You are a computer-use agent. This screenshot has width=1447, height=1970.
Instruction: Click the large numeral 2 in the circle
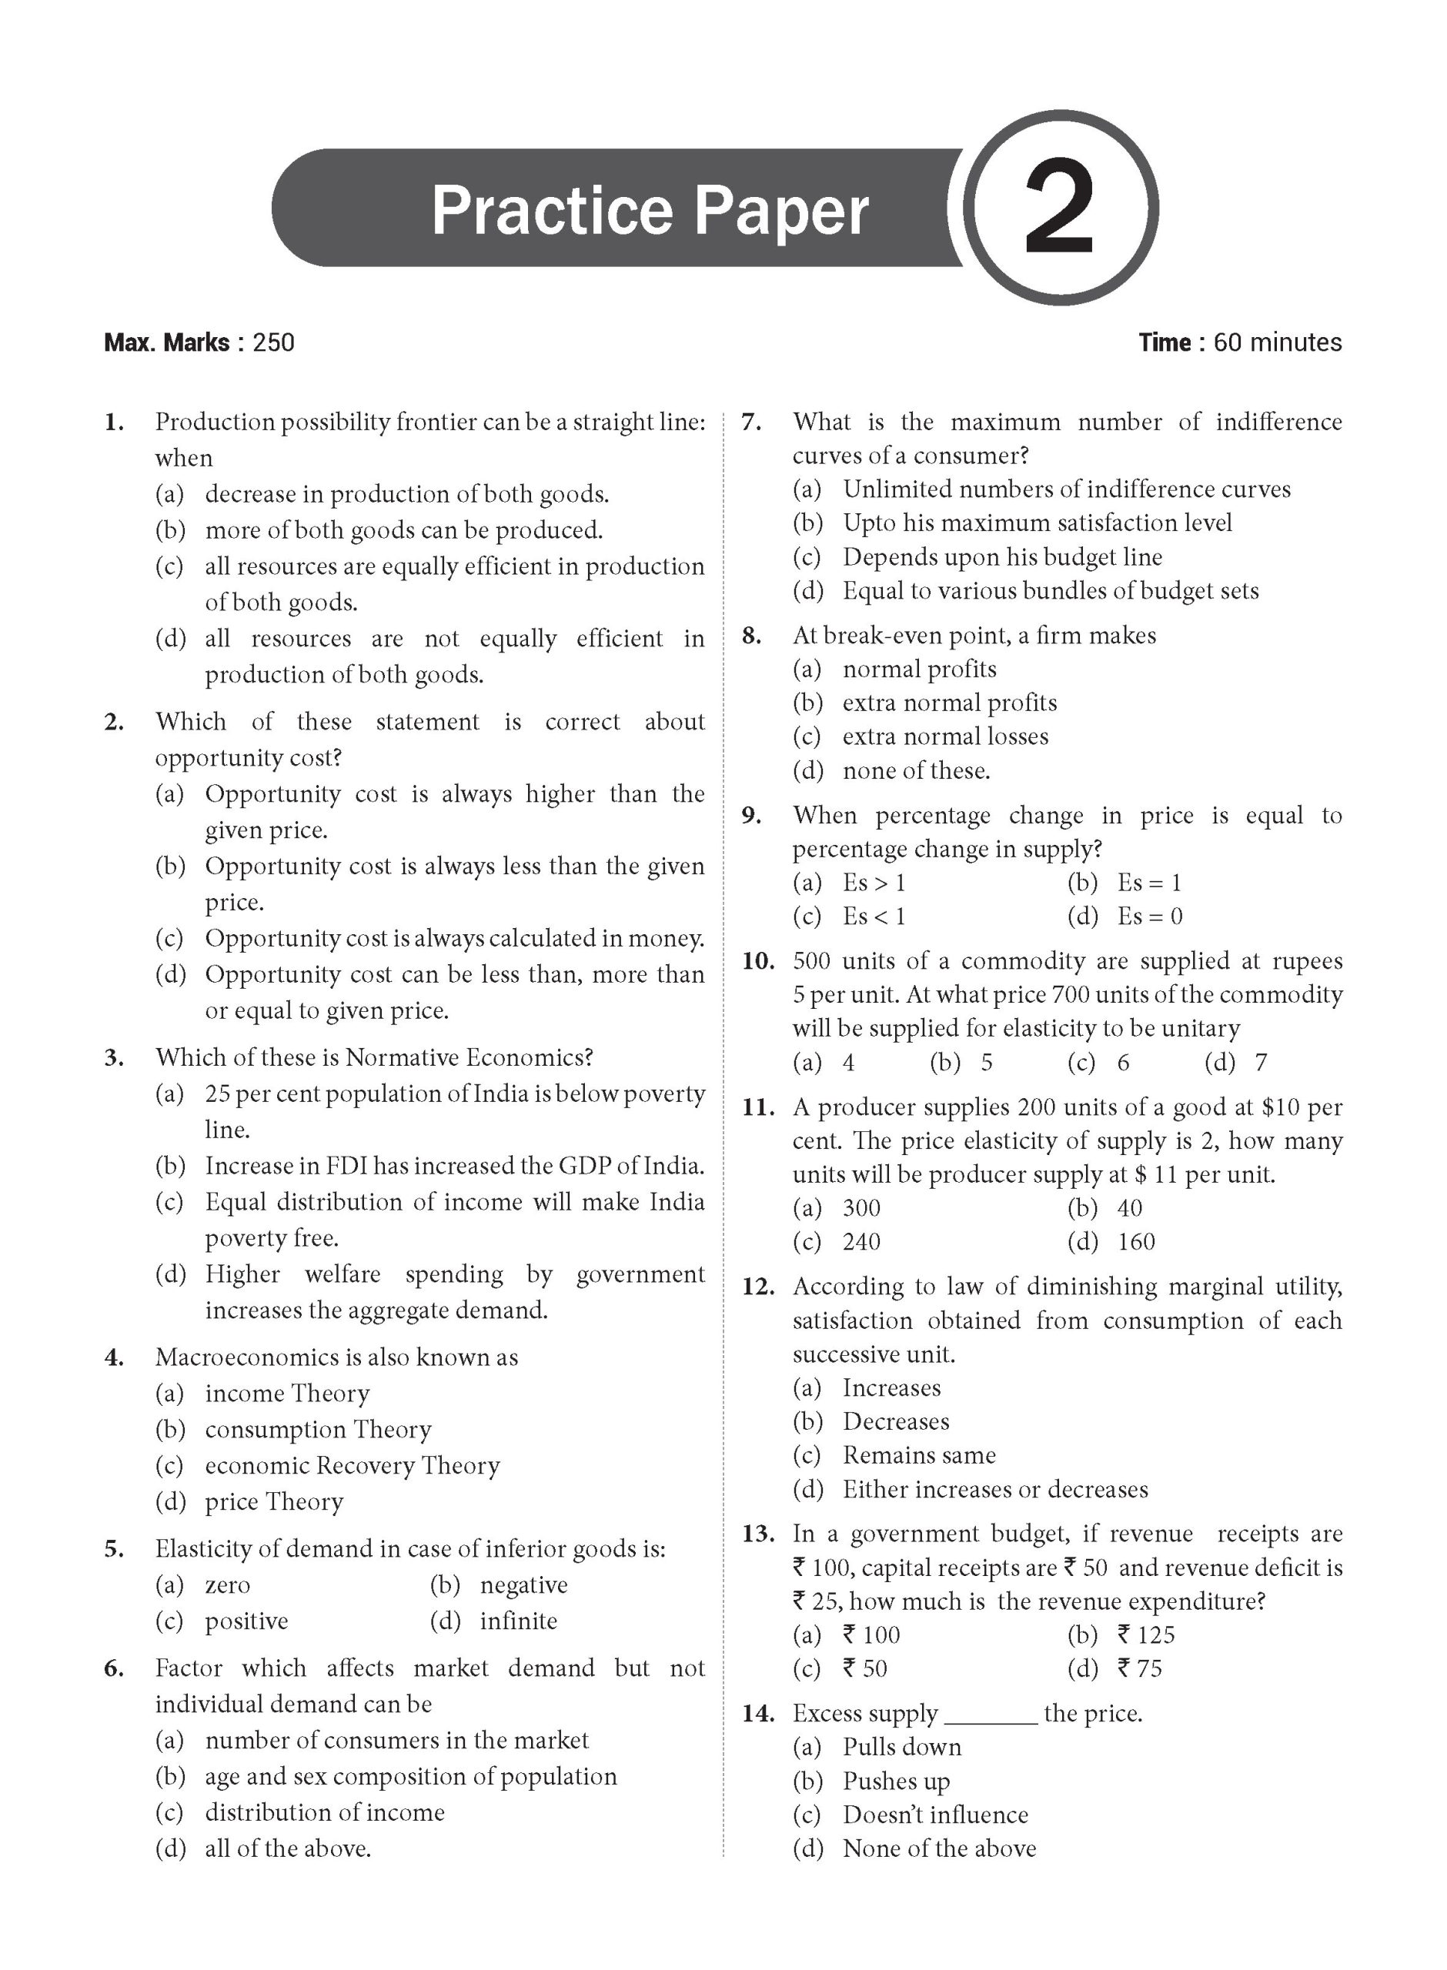coord(1059,209)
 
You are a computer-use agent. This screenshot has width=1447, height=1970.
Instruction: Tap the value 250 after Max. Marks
coord(273,342)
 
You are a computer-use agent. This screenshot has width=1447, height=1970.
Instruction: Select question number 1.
coord(114,423)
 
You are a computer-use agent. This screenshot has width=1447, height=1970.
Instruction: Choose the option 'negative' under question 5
coord(523,1584)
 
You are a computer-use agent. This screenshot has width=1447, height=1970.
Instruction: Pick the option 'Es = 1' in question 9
coord(1149,883)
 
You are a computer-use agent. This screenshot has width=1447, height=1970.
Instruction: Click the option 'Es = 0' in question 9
coord(1149,917)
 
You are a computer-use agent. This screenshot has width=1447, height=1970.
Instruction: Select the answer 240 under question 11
coord(861,1243)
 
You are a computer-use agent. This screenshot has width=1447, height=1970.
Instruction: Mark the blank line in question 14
coord(991,1715)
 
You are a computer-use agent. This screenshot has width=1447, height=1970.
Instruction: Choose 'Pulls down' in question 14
coord(901,1748)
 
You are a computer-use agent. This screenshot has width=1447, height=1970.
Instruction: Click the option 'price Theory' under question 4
coord(274,1502)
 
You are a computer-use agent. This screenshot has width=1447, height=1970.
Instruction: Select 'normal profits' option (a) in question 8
coord(919,669)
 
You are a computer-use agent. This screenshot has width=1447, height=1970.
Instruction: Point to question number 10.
coord(757,961)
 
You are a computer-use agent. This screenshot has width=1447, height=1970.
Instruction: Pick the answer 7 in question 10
coord(1261,1063)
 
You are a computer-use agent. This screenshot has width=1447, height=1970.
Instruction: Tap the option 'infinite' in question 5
coord(518,1621)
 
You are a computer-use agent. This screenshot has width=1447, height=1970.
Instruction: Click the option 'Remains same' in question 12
coord(919,1455)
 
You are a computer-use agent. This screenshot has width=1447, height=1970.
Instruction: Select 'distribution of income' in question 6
coord(324,1812)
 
